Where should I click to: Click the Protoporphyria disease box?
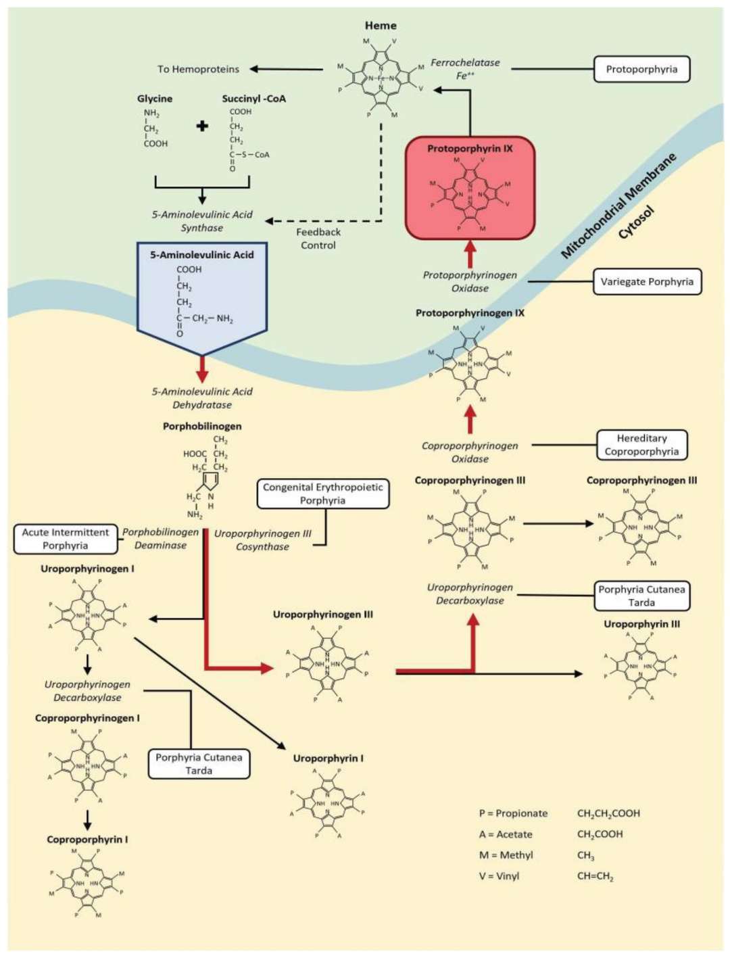tap(641, 69)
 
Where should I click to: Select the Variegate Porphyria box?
tap(646, 282)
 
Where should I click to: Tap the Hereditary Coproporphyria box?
tap(641, 445)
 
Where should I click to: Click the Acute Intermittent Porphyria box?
tap(65, 539)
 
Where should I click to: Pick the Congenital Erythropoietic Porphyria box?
tap(322, 494)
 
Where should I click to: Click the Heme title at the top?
tap(381, 26)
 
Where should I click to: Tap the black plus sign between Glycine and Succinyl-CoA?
tap(202, 126)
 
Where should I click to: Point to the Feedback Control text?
tap(318, 239)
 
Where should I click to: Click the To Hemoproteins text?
tap(198, 69)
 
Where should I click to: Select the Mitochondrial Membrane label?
tap(618, 206)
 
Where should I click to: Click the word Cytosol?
tap(637, 223)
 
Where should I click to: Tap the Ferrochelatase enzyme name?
tap(465, 63)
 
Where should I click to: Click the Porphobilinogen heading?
tap(201, 426)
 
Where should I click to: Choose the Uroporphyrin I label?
tap(328, 758)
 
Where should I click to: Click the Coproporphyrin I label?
tap(87, 839)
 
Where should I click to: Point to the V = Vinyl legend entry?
tap(499, 876)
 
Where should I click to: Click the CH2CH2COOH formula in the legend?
tap(608, 813)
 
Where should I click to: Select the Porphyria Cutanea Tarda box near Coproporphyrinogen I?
tap(199, 764)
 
